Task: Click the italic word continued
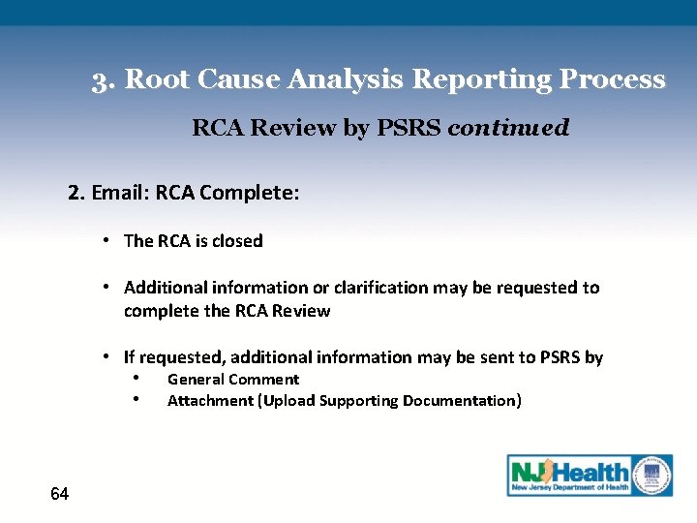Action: coord(508,128)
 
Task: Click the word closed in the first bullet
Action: coord(237,241)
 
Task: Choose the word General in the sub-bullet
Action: coord(194,380)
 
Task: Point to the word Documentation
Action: coord(462,401)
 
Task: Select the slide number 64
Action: coord(59,495)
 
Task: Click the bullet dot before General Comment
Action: coord(138,379)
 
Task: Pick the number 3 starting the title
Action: coord(100,79)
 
